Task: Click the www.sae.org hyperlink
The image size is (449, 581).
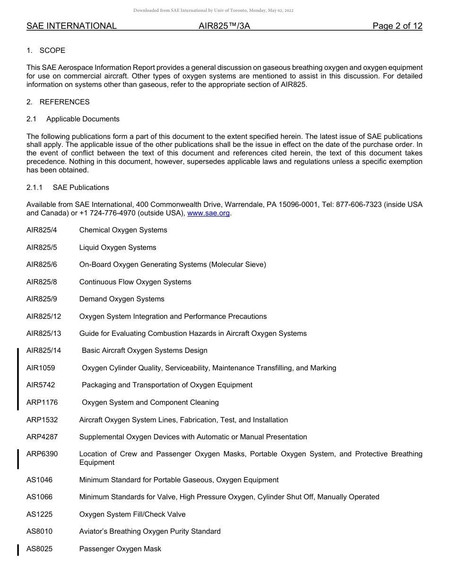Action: pos(208,213)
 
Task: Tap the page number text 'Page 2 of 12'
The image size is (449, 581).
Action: pos(397,26)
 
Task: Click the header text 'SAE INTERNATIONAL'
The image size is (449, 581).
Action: pos(71,26)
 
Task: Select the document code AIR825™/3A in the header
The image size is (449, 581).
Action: pos(224,26)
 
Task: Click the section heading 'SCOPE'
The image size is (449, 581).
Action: pos(52,51)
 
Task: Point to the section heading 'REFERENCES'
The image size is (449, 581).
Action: pos(64,102)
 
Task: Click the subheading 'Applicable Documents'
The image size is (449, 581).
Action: pos(83,119)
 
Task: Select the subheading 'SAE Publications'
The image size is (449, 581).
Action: pos(81,188)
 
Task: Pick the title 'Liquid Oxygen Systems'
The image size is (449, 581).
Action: pos(118,248)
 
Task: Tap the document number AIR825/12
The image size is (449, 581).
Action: pos(43,316)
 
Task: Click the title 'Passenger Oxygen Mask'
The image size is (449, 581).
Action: pos(120,549)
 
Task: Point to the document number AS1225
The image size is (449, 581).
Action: pos(40,514)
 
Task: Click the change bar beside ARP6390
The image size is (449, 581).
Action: pos(18,459)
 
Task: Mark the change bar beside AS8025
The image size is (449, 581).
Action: pos(18,549)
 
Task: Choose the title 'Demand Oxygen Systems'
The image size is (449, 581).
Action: pos(122,299)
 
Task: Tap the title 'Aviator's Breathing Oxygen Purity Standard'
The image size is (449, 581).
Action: pos(150,531)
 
